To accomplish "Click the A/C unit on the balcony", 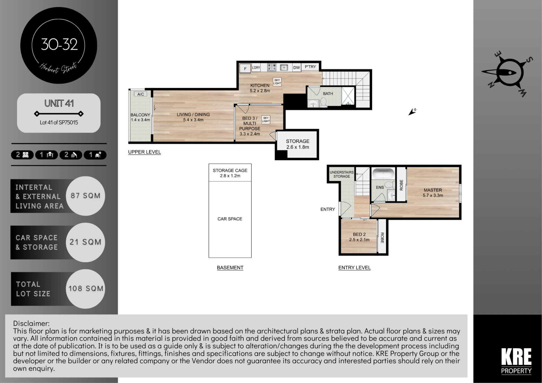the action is [141, 94].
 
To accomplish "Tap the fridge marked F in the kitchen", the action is [245, 68].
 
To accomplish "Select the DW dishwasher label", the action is [296, 67].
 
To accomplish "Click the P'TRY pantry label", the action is [310, 67].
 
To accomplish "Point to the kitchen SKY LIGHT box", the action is [277, 82].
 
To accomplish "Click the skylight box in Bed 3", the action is [266, 119].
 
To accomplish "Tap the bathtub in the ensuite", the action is [383, 174].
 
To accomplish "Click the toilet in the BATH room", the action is [324, 102].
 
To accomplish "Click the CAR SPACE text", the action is [230, 219].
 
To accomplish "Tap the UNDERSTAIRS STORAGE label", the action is [342, 174].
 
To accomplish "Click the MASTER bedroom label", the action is [433, 190].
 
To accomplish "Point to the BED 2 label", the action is [359, 234].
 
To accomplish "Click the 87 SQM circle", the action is [85, 196].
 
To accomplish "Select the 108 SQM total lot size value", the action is [86, 288].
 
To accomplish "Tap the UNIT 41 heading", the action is [59, 103].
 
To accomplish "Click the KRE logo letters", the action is [516, 357].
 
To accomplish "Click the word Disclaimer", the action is [31, 323].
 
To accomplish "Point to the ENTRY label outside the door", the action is [327, 209].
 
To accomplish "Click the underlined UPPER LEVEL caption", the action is [145, 152].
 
